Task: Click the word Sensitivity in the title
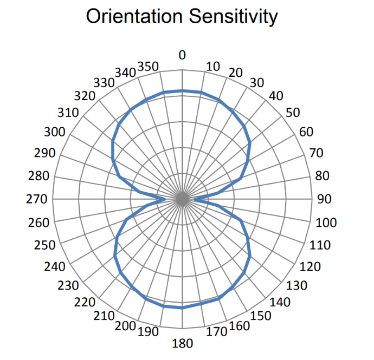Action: [233, 17]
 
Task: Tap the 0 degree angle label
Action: [182, 55]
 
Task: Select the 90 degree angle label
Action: [324, 199]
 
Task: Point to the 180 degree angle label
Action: [182, 344]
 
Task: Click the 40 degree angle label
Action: [276, 96]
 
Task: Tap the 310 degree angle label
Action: [68, 114]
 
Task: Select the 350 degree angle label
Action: [149, 67]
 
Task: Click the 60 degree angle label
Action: [306, 132]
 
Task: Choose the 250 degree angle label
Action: [44, 245]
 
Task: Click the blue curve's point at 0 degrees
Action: [182, 90]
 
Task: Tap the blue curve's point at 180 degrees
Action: [182, 307]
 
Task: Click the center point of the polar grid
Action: [182, 199]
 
